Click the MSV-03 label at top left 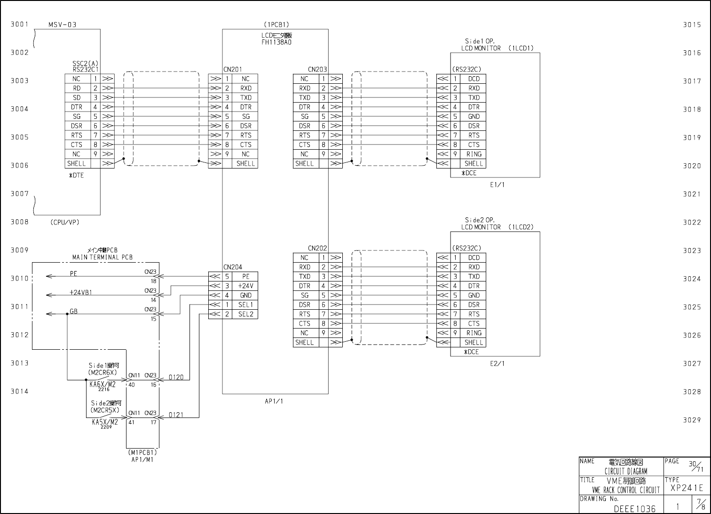click(62, 24)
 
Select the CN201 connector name click(233, 69)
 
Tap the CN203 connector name click(317, 69)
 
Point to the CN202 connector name click(317, 248)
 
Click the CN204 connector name click(233, 267)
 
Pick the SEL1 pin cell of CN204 click(245, 305)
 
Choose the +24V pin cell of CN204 click(245, 286)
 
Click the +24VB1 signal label click(81, 292)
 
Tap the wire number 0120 click(176, 377)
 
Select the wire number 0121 click(176, 415)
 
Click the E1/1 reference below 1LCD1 click(497, 185)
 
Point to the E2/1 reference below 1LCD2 click(497, 364)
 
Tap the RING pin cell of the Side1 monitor click(474, 154)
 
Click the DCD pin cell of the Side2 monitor click(474, 258)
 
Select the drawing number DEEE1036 click(634, 509)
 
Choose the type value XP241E click(687, 488)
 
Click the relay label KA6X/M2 click(103, 384)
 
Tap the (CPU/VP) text click(65, 223)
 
